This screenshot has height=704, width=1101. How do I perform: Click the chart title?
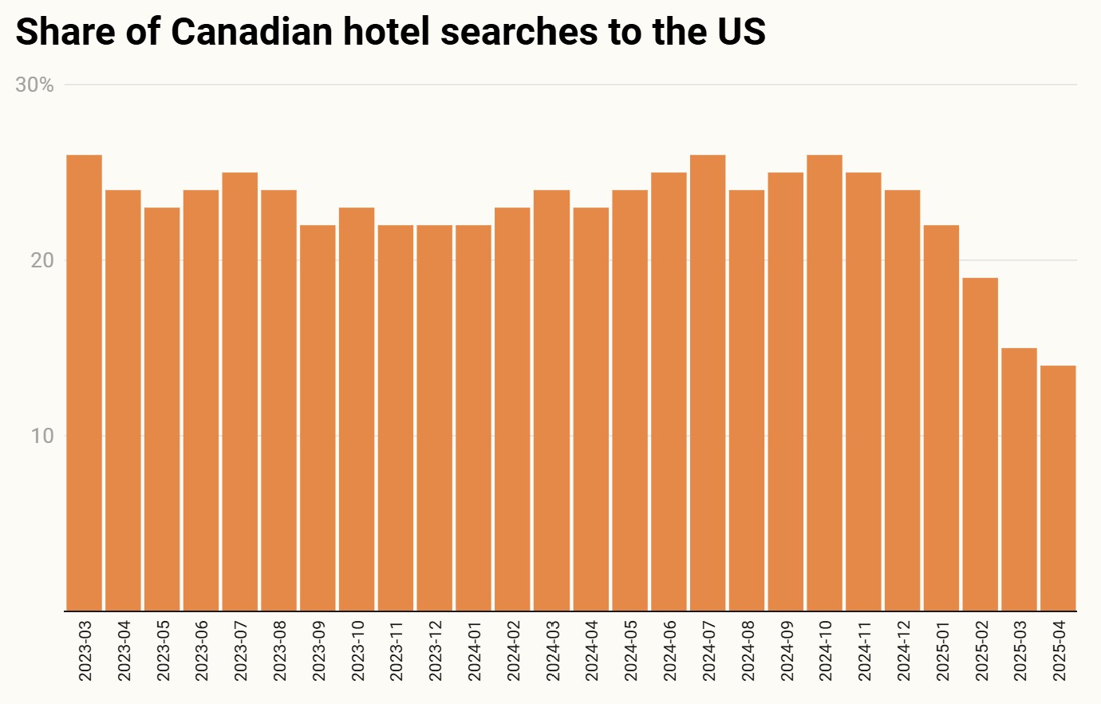pos(390,32)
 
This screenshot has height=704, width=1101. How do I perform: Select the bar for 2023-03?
pos(84,383)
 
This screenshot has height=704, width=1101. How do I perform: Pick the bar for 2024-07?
pos(708,383)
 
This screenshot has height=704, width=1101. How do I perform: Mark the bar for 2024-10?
pos(824,383)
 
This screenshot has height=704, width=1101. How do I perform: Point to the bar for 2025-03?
pos(1019,480)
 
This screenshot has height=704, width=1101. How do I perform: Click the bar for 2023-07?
pos(239,392)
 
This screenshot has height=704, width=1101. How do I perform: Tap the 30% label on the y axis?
pos(35,85)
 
